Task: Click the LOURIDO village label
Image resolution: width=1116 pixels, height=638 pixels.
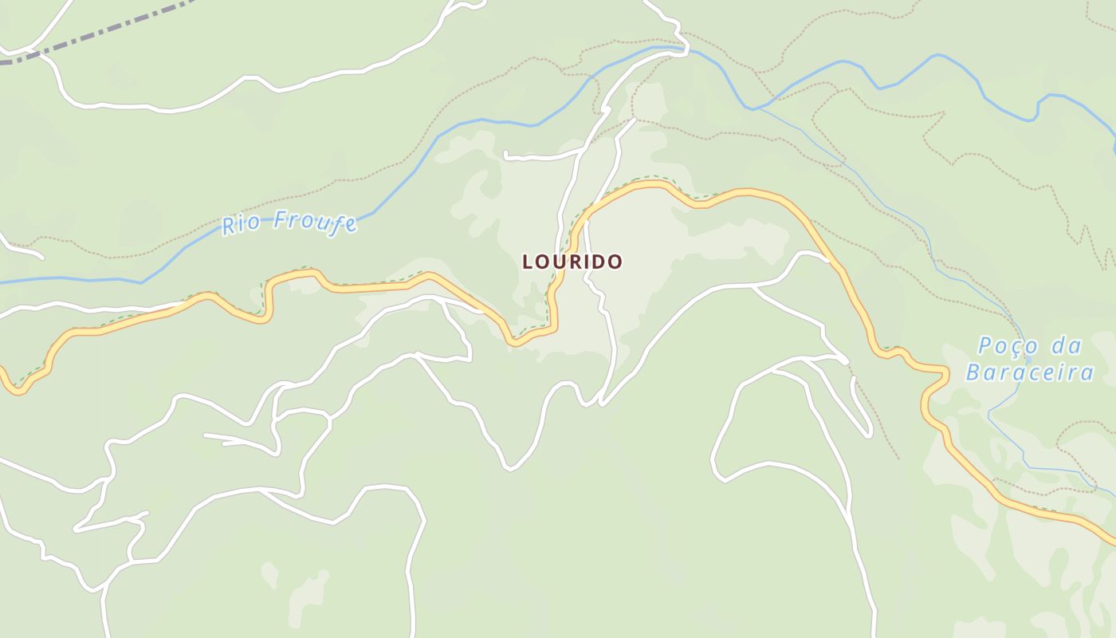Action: pos(572,262)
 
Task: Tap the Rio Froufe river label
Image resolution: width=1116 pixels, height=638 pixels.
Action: pos(289,223)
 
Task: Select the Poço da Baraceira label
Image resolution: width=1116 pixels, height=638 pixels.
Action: pos(1029,359)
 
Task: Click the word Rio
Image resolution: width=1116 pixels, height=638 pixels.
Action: pos(239,225)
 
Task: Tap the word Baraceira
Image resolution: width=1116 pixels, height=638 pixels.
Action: pos(1029,372)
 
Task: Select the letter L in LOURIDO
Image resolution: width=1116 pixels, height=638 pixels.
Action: pos(527,262)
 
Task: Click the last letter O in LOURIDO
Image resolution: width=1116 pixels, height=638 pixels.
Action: pos(615,262)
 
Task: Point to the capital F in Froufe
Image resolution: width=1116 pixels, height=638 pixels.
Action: pos(279,220)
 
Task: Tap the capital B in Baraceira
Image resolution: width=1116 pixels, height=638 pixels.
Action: pos(973,372)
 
